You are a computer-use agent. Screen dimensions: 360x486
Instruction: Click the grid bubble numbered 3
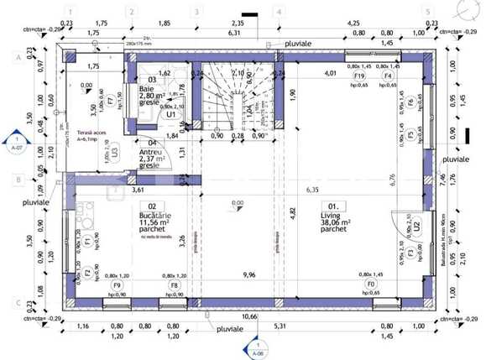coord(196,13)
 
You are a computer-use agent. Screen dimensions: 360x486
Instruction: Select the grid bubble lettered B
coord(18,179)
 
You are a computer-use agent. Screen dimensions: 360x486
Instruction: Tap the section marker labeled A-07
coord(16,143)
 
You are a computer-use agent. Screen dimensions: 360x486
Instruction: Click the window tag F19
coord(359,76)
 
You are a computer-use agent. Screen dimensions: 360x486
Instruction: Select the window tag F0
coord(372,284)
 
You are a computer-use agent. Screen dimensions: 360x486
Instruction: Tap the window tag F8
coord(174,284)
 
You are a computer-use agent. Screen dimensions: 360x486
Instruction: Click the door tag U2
coord(415,226)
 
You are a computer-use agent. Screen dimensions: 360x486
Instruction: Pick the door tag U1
coord(170,114)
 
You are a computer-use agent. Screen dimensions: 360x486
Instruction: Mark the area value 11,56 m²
coord(154,223)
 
